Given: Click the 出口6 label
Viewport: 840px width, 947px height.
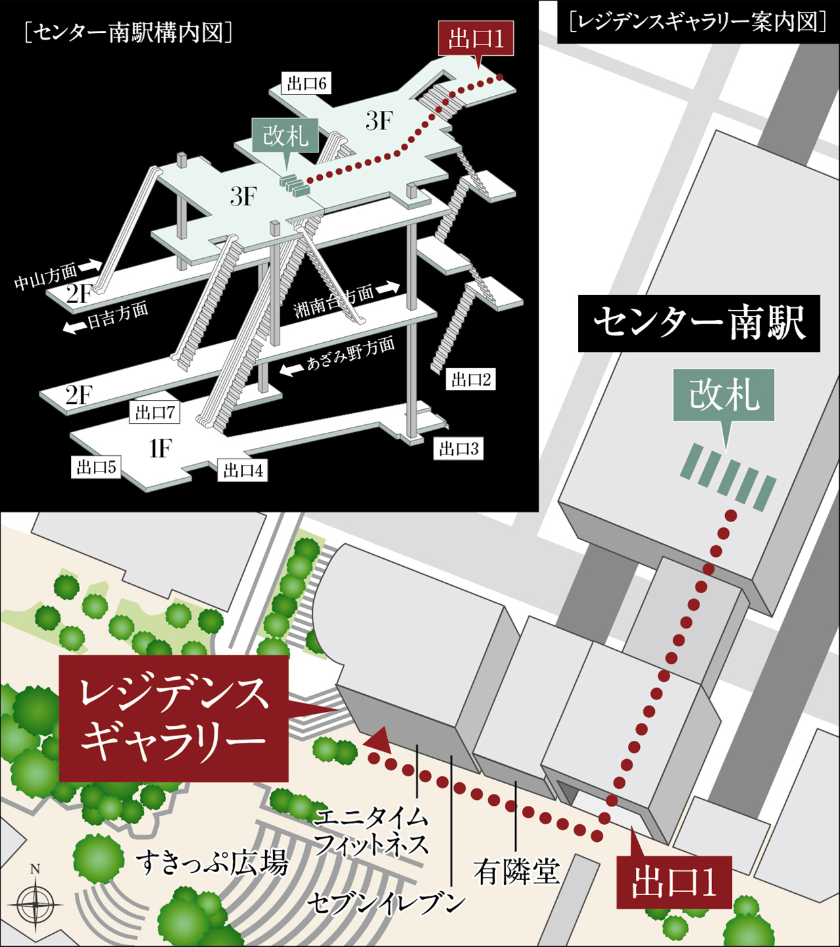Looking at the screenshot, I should tap(306, 84).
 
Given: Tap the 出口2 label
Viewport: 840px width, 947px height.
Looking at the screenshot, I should tap(471, 380).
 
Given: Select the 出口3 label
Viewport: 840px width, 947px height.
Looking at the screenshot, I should tap(459, 449).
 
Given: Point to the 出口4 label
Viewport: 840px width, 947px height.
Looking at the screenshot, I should tap(243, 470).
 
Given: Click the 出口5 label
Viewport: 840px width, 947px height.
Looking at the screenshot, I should tap(96, 467).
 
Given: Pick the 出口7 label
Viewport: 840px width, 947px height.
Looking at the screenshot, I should tap(155, 412).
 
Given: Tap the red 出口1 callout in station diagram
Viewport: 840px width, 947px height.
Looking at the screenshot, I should tap(476, 39).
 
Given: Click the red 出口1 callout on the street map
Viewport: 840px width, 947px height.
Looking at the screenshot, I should tap(674, 883).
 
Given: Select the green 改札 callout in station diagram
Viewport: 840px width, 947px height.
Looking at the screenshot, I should tap(285, 136).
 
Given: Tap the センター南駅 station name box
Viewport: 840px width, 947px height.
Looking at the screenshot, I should tap(699, 323).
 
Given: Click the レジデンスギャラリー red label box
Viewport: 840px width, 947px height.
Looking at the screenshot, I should tap(174, 718).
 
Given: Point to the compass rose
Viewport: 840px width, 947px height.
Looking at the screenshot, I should tap(35, 904).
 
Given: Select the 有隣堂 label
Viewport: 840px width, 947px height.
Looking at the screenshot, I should tap(517, 872).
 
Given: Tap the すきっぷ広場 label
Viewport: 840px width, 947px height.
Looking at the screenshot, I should tap(213, 862).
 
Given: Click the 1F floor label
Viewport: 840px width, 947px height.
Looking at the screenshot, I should tap(159, 449).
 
